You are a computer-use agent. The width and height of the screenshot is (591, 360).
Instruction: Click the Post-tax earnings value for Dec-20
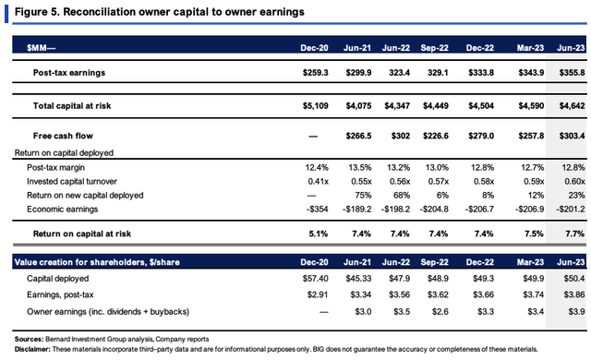pos(315,73)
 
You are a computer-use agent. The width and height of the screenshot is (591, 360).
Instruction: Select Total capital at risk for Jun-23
pos(572,106)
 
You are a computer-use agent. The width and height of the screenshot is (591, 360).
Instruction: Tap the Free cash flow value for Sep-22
pos(435,136)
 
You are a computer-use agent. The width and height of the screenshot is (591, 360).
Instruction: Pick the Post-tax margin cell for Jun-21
pos(359,168)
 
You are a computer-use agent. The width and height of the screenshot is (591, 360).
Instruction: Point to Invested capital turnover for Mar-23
pos(534,182)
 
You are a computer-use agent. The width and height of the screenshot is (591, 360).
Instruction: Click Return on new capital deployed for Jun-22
pos(402,196)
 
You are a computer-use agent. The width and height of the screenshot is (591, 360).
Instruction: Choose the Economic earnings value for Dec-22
pos(479,210)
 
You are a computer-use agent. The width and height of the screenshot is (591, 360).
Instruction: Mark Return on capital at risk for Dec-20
pos(318,234)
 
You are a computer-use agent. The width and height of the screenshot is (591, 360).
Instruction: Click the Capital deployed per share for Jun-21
pos(358,279)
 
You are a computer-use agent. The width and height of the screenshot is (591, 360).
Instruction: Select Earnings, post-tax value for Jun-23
pos(574,294)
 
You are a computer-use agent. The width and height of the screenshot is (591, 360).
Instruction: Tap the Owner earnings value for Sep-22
pos(440,312)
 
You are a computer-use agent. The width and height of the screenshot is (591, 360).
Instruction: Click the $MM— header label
pos(41,48)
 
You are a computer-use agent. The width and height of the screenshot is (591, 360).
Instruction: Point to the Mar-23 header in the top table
pos(530,48)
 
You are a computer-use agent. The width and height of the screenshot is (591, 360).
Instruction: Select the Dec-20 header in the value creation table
pos(314,262)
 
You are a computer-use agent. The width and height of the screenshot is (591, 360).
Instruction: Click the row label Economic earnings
pos(62,210)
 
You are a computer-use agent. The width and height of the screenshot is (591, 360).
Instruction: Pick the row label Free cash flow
pos(63,136)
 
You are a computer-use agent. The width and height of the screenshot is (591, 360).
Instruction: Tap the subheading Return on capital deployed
pos(64,153)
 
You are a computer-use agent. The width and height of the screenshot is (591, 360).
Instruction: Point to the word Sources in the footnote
pos(29,340)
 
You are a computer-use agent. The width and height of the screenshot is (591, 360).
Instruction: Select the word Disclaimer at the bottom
pos(32,350)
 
